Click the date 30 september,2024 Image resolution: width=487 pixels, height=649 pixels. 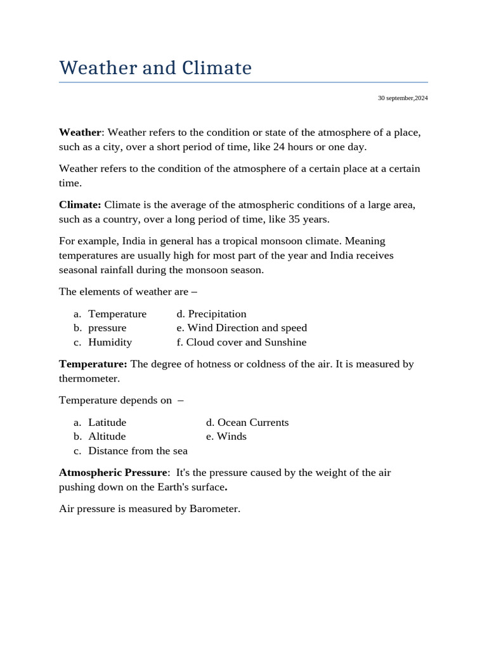[x=403, y=98]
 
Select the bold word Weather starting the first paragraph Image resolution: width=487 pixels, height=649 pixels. [x=80, y=132]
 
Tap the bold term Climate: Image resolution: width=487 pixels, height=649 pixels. [x=80, y=205]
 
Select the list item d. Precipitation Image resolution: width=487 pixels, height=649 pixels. [x=211, y=314]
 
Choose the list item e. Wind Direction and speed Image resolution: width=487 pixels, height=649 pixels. [x=242, y=328]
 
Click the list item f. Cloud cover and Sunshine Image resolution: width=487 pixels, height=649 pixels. [x=242, y=342]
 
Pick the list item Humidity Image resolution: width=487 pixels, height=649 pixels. [x=110, y=342]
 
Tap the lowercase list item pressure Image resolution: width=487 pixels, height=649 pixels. [x=107, y=328]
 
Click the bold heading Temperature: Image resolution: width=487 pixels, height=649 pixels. [x=93, y=364]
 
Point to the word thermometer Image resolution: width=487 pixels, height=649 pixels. [x=89, y=378]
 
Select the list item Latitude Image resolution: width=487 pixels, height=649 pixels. [x=107, y=422]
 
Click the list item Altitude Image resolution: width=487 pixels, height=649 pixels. [x=107, y=436]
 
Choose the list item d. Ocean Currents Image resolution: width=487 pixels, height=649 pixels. [x=247, y=422]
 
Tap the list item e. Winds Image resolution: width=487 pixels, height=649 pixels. [x=226, y=436]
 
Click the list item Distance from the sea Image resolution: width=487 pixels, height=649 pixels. [x=138, y=451]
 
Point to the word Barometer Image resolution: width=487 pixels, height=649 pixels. [x=214, y=508]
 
